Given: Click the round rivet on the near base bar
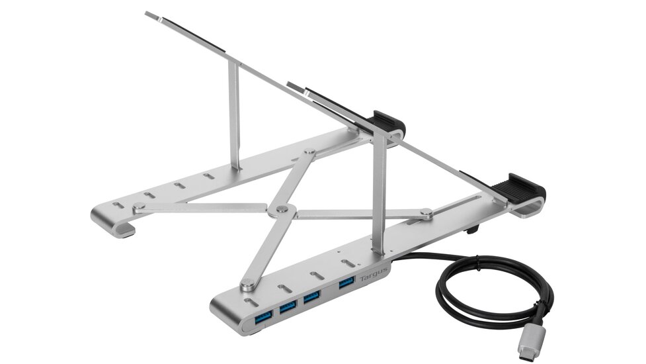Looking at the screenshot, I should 248,285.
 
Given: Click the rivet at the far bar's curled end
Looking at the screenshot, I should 138,206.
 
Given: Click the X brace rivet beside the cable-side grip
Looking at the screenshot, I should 426,213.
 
